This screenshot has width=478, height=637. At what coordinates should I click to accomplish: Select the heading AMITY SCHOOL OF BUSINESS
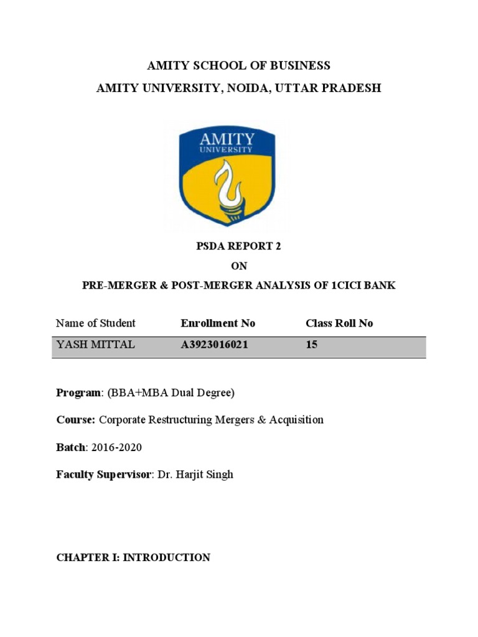tap(238, 66)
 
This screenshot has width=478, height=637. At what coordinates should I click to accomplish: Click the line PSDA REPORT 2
tap(239, 246)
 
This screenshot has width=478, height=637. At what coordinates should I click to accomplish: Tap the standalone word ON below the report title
tap(239, 266)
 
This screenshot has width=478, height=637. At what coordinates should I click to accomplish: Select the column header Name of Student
tap(95, 323)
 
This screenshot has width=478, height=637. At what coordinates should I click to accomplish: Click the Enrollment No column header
tap(218, 323)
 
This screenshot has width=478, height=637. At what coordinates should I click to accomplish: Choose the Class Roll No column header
tap(339, 323)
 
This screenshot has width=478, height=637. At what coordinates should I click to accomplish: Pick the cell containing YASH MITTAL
tap(95, 345)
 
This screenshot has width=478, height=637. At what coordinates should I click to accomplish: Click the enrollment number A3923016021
tap(214, 345)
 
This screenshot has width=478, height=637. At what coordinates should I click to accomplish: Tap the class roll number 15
tap(312, 345)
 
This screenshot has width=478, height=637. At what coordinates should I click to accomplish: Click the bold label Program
tap(78, 393)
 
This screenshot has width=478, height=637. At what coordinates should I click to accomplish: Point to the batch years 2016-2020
tap(116, 447)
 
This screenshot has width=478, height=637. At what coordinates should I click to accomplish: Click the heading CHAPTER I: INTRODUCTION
tap(133, 557)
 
